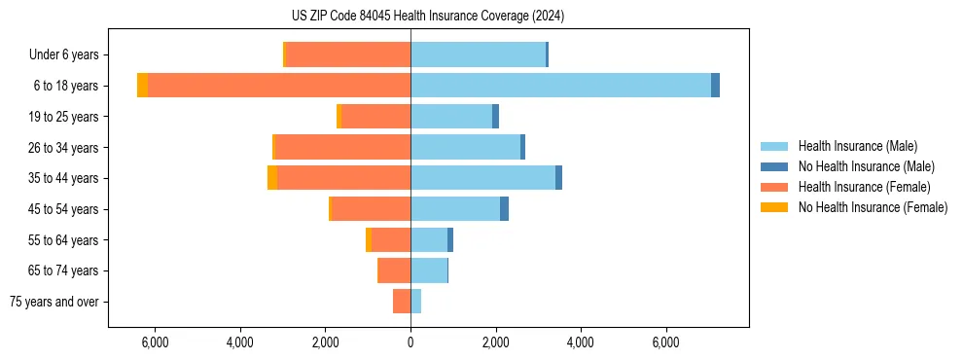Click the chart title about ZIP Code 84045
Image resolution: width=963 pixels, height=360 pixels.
(427, 16)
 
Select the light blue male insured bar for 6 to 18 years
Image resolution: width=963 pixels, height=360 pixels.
(560, 86)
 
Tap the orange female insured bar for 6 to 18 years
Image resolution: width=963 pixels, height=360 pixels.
(279, 86)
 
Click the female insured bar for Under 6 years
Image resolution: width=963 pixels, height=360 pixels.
(348, 54)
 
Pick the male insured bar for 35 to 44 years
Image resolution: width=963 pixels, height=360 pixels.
(482, 178)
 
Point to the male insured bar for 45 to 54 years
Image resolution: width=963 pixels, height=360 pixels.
(455, 209)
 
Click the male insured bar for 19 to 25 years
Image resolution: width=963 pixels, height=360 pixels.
(451, 117)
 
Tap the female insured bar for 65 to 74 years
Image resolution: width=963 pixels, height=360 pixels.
(394, 270)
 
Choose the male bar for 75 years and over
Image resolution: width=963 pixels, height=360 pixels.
(416, 302)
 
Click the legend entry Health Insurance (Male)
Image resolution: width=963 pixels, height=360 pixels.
(857, 146)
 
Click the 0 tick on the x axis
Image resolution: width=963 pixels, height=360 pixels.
(410, 343)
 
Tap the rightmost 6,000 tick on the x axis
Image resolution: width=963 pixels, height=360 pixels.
(665, 343)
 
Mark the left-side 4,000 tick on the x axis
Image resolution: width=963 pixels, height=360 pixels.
(240, 343)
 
